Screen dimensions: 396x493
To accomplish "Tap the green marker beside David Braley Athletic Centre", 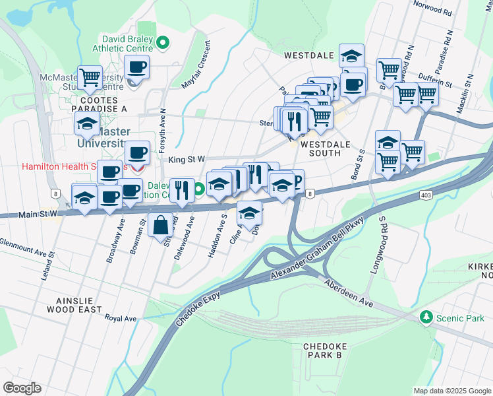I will pos(163,44).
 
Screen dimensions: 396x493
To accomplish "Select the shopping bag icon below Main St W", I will pos(160,225).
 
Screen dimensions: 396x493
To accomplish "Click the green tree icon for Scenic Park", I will pos(426,317).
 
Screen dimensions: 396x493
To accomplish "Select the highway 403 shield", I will pos(425,196).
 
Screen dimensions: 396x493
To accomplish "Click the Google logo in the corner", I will pos(22,388).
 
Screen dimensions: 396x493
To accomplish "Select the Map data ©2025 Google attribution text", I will pos(451,391).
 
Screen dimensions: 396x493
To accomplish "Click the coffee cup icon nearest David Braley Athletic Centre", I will pos(136,67).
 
